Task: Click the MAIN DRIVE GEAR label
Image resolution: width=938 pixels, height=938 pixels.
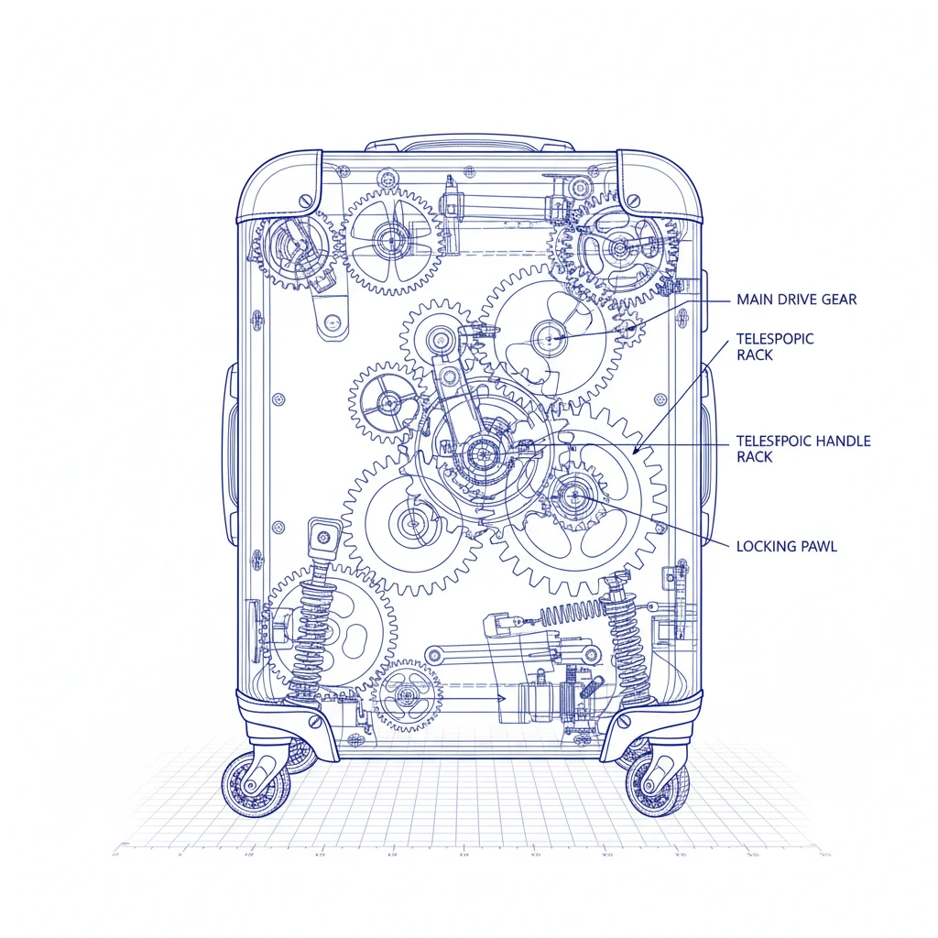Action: [x=796, y=300]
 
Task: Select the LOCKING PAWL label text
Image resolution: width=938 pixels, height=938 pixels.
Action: [x=786, y=547]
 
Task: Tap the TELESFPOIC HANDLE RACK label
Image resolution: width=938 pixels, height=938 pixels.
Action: [x=802, y=449]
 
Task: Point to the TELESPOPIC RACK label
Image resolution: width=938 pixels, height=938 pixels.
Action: [x=774, y=346]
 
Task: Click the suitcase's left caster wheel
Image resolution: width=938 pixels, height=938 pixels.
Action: [x=256, y=785]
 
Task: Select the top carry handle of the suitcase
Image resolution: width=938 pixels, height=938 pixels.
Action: [x=469, y=144]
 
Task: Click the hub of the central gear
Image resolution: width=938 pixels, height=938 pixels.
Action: [x=480, y=453]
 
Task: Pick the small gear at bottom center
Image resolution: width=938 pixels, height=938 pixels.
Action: [x=406, y=695]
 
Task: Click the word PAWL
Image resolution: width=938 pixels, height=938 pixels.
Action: [x=817, y=547]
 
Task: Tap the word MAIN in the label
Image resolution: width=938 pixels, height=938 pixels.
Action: [x=754, y=300]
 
